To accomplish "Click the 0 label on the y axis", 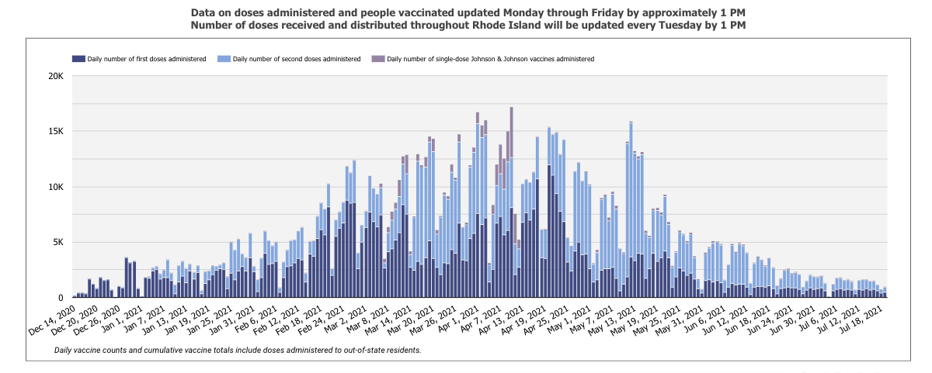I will (59, 298).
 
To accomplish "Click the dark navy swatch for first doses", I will (78, 59).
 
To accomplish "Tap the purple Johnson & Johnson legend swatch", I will (377, 59).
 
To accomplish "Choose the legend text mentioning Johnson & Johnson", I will (491, 59).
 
